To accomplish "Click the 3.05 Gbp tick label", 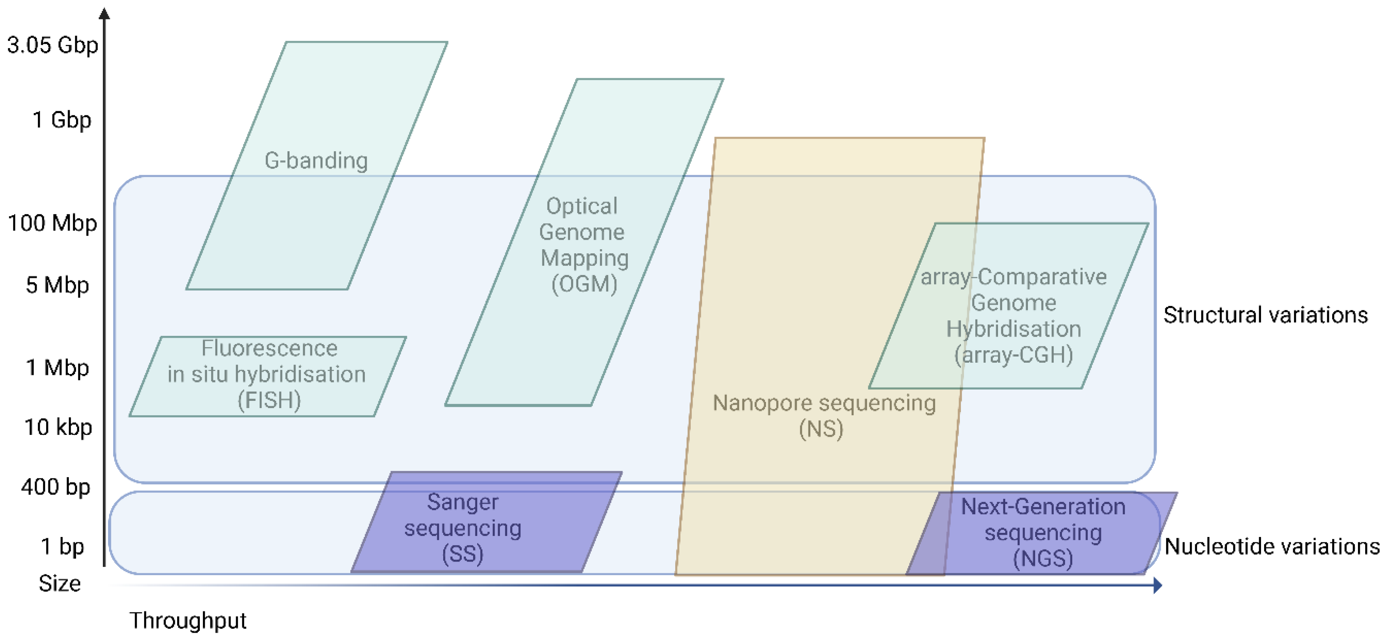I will click(52, 45).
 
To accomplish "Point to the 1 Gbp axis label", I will click(62, 120).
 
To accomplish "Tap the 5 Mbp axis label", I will click(57, 285).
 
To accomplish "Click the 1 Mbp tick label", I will click(57, 368).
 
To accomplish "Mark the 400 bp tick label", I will click(56, 487).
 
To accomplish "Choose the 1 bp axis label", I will click(63, 546).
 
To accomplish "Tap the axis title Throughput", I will click(187, 621).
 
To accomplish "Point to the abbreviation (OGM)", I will click(584, 284).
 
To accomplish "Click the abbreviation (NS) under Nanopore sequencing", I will click(821, 429).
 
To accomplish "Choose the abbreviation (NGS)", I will click(1043, 559).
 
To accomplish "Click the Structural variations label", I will click(1265, 315).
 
